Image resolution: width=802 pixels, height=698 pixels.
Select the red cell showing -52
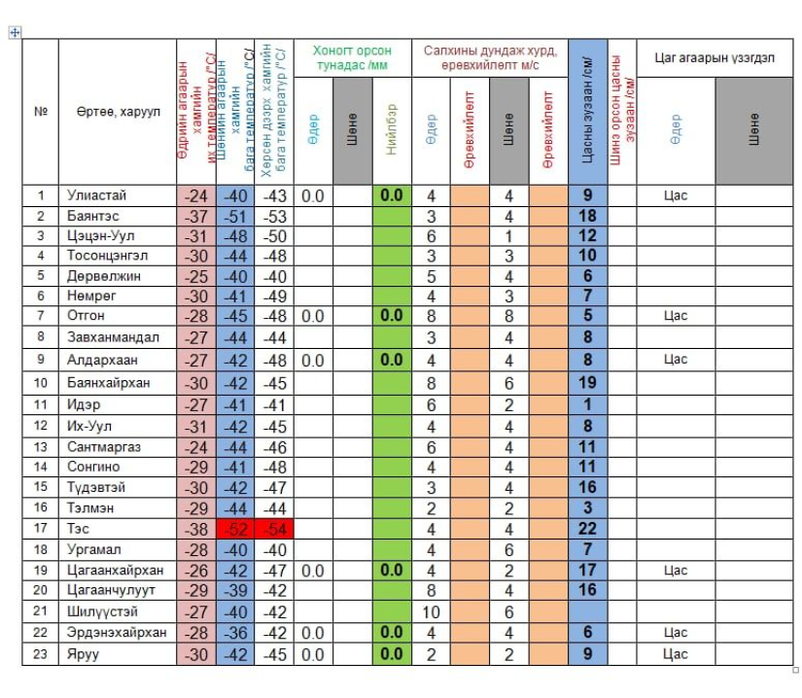tap(234, 529)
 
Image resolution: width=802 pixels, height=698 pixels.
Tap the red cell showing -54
tap(273, 529)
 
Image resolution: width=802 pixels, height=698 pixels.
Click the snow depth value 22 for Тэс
tap(587, 529)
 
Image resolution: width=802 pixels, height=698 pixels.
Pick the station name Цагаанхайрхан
tap(115, 570)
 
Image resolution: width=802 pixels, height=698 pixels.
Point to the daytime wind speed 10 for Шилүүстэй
tap(431, 611)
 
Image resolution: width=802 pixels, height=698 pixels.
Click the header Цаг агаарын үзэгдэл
tap(715, 58)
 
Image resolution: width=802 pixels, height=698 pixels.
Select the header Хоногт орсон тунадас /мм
tap(352, 57)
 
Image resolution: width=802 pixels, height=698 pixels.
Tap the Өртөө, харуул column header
tap(117, 112)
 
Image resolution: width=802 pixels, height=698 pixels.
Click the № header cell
tap(41, 112)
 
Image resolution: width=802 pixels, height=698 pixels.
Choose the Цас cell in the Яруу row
tap(675, 654)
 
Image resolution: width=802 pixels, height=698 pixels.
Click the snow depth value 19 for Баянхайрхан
tap(587, 382)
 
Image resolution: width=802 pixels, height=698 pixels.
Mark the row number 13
tap(41, 446)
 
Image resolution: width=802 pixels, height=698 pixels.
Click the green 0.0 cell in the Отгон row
tap(392, 316)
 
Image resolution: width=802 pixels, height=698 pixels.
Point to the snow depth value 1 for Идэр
tap(587, 403)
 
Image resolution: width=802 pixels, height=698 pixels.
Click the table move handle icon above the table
tap(15, 33)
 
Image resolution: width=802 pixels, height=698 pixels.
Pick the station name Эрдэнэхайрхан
tap(117, 633)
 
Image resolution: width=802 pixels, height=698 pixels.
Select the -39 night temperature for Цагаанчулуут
tap(234, 590)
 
